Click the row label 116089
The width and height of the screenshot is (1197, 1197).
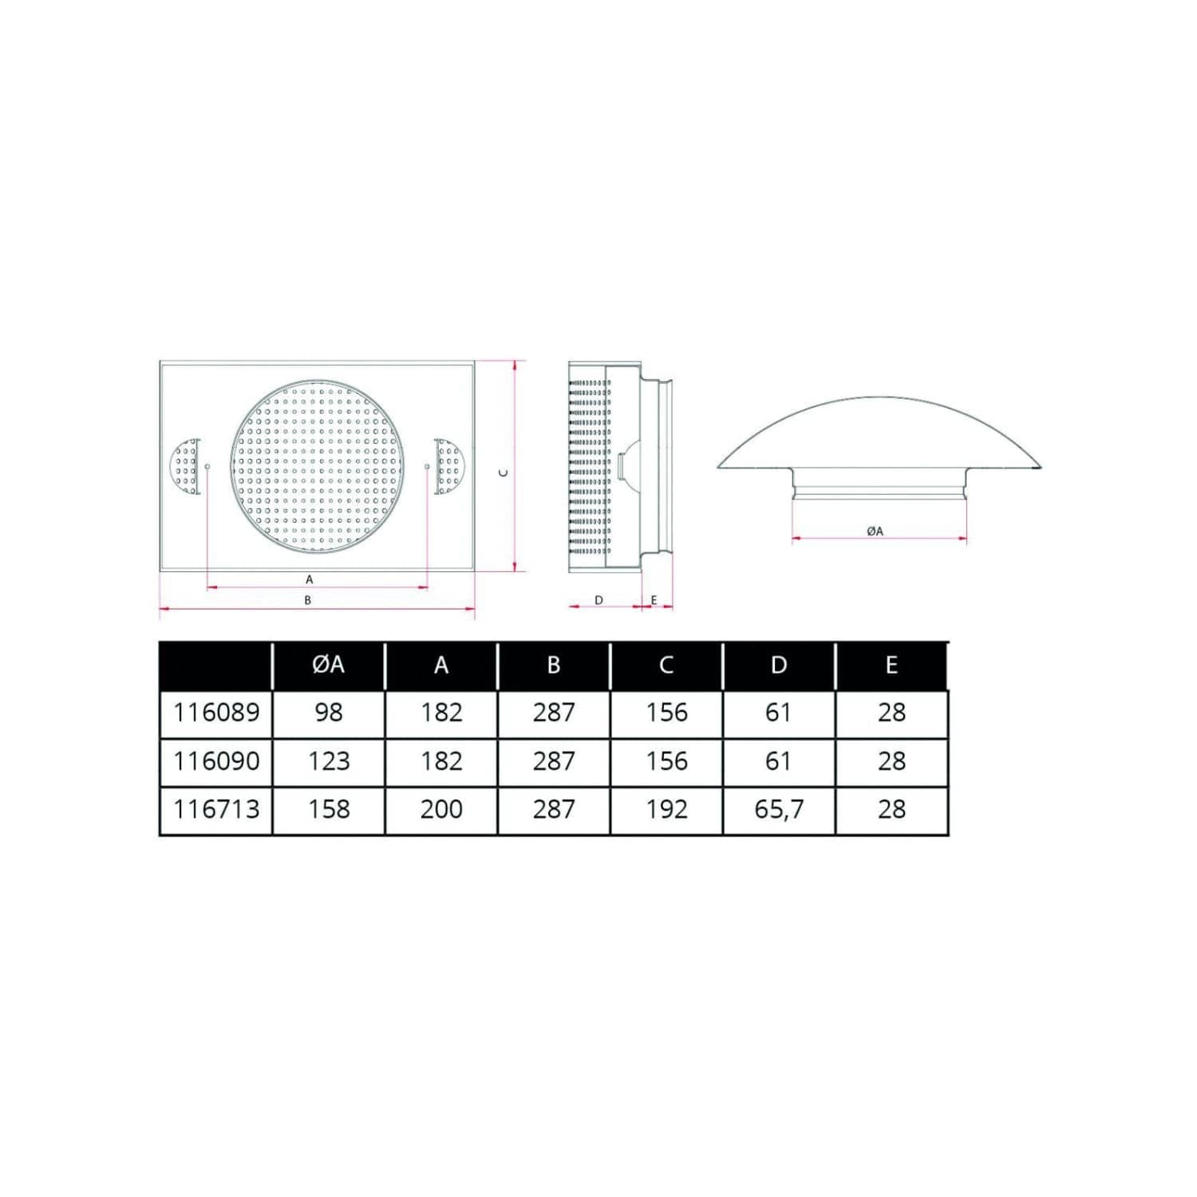(x=216, y=712)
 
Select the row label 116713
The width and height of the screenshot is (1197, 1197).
(x=216, y=809)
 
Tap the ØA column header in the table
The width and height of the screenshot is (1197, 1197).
(x=329, y=664)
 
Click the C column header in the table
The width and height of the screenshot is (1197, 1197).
(x=666, y=665)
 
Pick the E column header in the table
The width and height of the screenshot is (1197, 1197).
(x=891, y=665)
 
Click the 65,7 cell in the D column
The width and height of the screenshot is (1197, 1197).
(x=779, y=809)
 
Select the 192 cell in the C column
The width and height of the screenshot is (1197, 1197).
(x=666, y=809)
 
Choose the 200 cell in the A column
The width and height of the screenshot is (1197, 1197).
(x=441, y=809)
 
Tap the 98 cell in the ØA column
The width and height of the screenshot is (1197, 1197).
(x=329, y=712)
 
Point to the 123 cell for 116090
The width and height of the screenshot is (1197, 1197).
(x=329, y=760)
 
